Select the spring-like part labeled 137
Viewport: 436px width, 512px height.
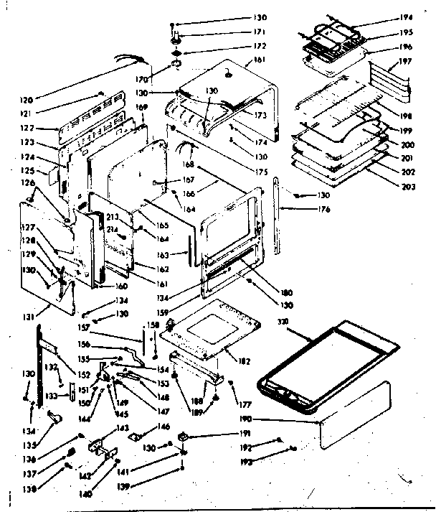(72, 452)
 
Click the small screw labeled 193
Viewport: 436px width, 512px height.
(294, 450)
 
